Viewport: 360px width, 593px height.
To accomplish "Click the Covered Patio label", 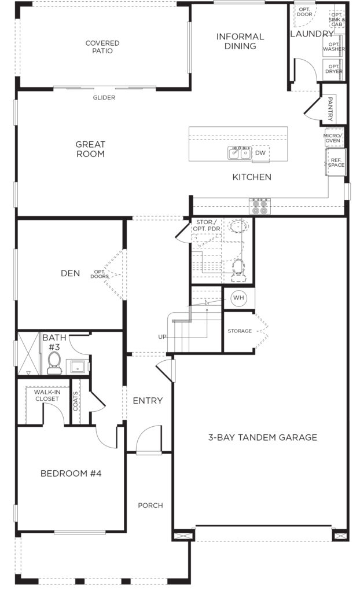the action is click(102, 47).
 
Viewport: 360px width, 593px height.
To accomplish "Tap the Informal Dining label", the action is click(240, 41).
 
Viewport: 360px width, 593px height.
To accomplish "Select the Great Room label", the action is click(90, 149).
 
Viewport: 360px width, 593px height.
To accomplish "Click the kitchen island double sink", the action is click(240, 153).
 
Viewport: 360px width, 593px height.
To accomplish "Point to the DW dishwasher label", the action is click(260, 153).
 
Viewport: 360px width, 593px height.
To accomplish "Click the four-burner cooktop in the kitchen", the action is click(260, 206).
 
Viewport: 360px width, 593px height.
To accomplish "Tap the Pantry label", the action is click(330, 109).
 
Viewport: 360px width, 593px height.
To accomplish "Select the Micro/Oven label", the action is click(333, 138).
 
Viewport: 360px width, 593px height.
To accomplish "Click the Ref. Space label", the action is click(336, 163).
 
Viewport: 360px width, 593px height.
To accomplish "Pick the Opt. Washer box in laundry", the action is click(333, 46).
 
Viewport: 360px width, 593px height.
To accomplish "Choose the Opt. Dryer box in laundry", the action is click(333, 69).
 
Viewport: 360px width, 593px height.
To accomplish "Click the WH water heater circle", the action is click(238, 298).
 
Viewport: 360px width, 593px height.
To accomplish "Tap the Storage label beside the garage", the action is click(240, 331).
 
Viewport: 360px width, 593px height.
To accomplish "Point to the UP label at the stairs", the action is click(162, 336).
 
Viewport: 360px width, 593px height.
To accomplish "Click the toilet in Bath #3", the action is click(54, 363).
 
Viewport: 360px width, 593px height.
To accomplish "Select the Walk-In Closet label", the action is click(47, 395).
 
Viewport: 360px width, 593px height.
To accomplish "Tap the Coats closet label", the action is click(76, 401).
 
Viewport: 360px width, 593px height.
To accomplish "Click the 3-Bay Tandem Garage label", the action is click(262, 437).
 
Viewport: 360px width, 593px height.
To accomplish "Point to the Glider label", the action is click(104, 97).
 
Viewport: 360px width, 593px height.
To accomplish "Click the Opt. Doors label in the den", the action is click(100, 274).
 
